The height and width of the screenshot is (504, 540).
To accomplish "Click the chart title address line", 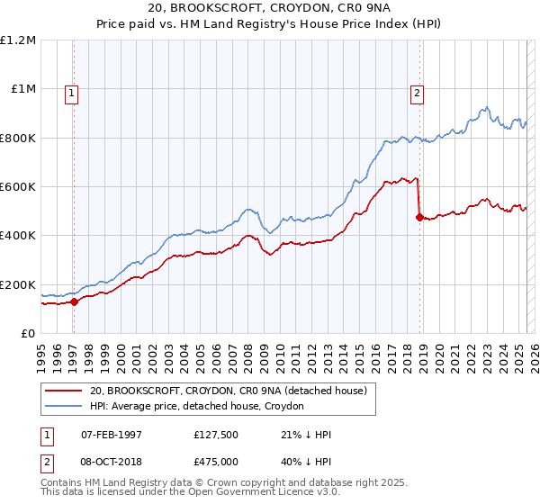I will (x=270, y=8).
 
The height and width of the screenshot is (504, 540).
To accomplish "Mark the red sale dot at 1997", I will (x=74, y=302).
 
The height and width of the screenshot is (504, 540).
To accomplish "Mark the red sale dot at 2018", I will (x=419, y=217).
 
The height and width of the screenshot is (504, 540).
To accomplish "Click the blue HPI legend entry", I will (x=197, y=407).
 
